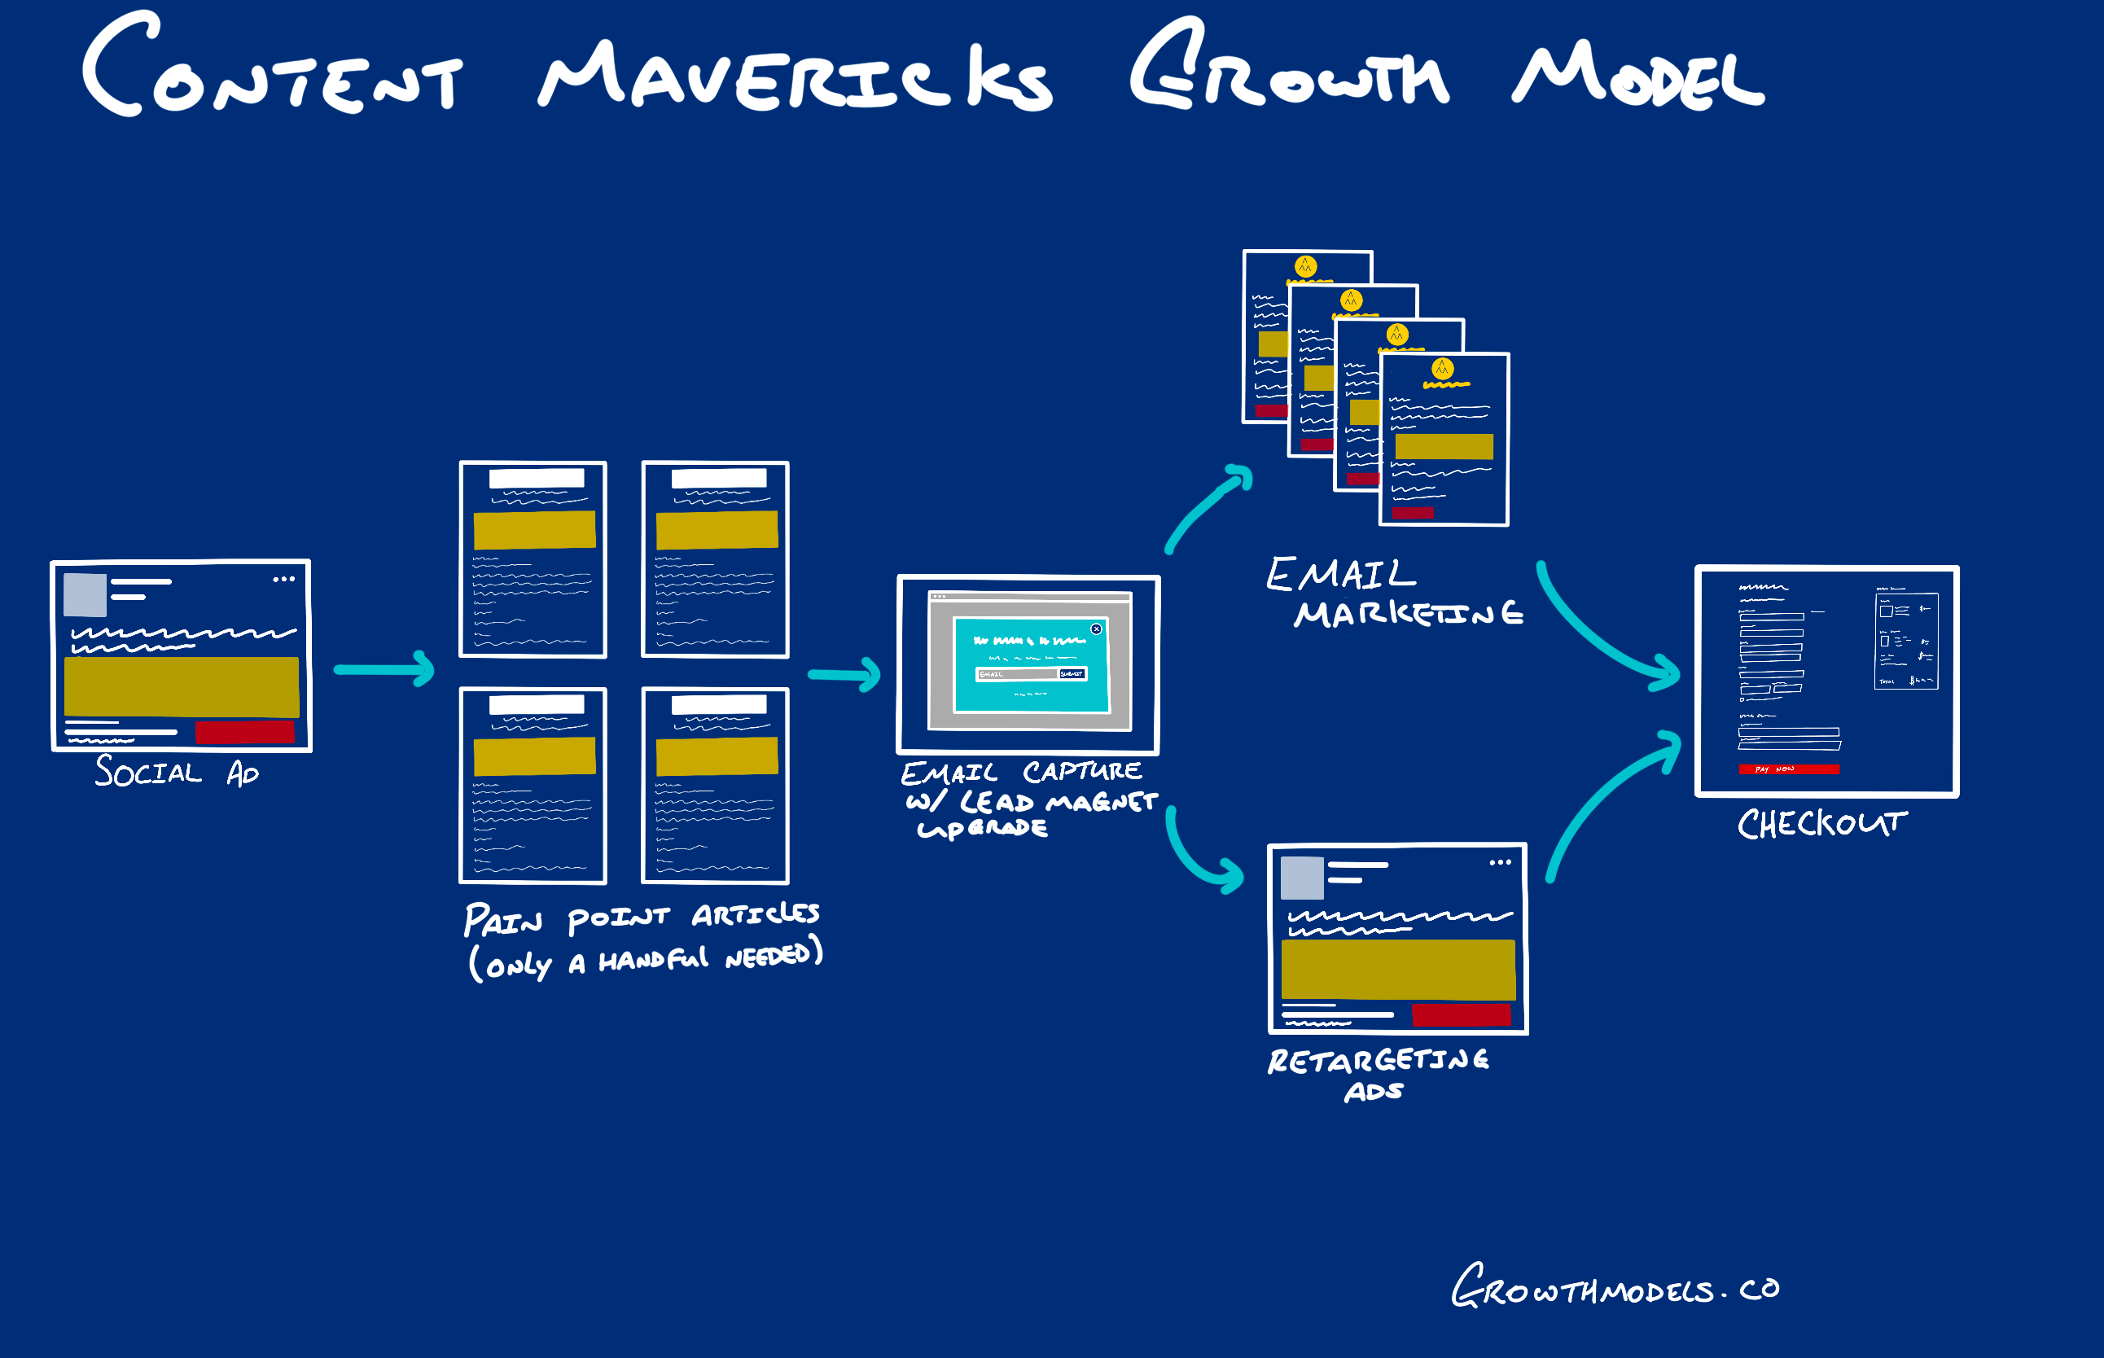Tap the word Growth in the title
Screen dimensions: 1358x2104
(x=1287, y=71)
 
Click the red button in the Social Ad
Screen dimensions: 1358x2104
(x=244, y=732)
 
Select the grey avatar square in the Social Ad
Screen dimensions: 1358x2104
(x=85, y=594)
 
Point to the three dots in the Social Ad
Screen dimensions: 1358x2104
(x=283, y=580)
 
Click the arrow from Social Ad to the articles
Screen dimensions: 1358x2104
(x=384, y=669)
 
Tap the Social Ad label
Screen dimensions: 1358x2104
(x=177, y=773)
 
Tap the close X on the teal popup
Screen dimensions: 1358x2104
(x=1096, y=629)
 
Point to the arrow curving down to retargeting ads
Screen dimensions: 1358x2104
(x=1199, y=860)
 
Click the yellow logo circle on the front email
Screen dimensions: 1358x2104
(x=1442, y=369)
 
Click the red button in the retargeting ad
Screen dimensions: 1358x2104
(x=1462, y=1015)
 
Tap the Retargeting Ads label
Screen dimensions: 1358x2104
(x=1378, y=1073)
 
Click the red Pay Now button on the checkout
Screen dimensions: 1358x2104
(x=1788, y=769)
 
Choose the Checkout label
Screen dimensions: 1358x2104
(x=1821, y=824)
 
